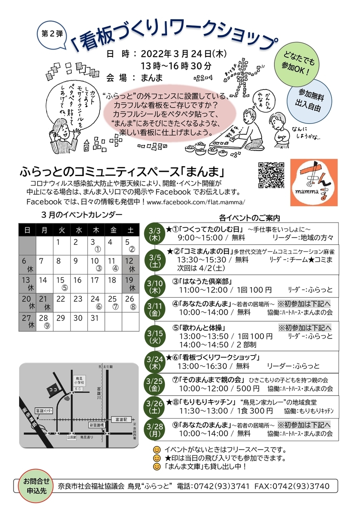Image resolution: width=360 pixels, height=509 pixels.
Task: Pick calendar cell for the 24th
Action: coord(95,301)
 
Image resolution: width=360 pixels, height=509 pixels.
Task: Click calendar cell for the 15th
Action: coord(60,283)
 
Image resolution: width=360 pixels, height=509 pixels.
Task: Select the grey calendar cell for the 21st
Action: coord(44,302)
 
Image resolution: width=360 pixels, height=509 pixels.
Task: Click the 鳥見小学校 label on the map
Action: coord(78,380)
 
